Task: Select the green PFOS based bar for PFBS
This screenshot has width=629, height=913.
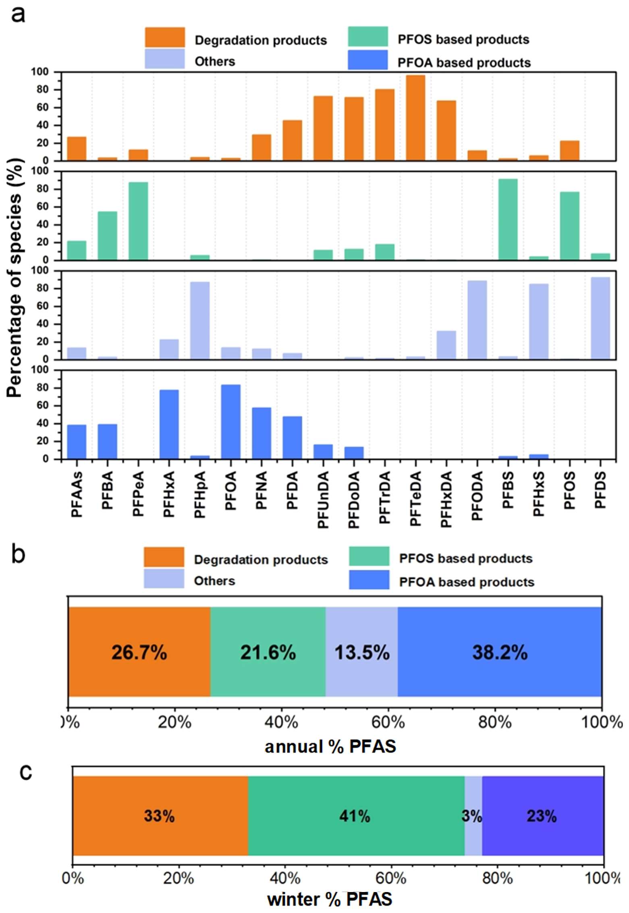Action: [x=508, y=220]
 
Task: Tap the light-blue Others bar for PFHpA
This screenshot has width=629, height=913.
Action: [x=200, y=320]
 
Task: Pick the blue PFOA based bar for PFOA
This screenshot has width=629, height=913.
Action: [x=230, y=421]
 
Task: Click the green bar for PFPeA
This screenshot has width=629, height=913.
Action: [x=138, y=221]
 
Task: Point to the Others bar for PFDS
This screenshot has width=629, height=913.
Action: [x=600, y=318]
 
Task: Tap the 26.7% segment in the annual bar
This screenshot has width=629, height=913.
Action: [x=139, y=652]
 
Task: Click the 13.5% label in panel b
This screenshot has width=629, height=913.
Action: [x=362, y=652]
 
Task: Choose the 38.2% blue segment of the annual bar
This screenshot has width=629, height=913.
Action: [x=500, y=652]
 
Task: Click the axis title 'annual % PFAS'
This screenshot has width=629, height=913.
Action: [x=330, y=747]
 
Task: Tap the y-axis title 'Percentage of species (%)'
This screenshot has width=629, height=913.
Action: [x=15, y=278]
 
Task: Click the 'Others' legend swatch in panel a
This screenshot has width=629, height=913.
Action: [x=164, y=59]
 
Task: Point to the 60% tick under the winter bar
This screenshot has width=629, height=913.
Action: [x=390, y=878]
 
